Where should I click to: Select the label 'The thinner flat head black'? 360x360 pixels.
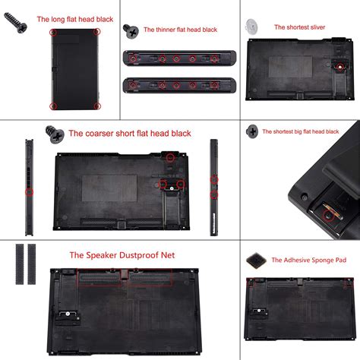click(181, 30)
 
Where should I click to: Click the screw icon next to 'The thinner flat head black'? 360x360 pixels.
click(134, 32)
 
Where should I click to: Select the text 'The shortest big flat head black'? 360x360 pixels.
click(309, 131)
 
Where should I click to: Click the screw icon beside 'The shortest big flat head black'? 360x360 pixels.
click(251, 131)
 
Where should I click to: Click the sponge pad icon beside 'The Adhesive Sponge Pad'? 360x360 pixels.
click(256, 261)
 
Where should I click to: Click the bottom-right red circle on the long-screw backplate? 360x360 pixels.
click(96, 106)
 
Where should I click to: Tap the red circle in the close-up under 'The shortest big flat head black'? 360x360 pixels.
click(327, 216)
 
